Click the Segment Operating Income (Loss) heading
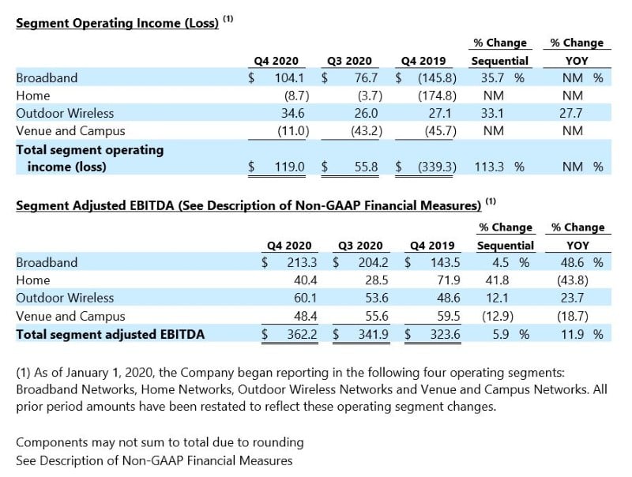(117, 24)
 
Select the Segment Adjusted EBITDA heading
(249, 205)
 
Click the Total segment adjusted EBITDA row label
(110, 334)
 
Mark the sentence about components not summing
(160, 442)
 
